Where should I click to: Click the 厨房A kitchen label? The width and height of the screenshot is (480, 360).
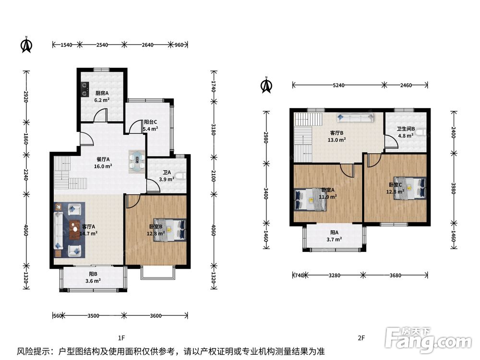102,93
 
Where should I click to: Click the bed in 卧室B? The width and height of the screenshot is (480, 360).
170,230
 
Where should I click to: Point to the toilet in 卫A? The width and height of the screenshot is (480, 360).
181,176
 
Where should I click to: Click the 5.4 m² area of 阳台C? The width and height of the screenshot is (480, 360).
151,129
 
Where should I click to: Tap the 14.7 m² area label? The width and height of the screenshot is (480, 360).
88,234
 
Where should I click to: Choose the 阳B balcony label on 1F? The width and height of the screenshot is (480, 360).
93,274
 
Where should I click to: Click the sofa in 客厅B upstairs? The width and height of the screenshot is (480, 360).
356,118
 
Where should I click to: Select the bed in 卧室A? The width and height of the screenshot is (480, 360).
310,199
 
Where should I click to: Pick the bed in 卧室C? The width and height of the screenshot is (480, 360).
410,188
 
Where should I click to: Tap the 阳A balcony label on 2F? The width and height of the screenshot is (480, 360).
334,233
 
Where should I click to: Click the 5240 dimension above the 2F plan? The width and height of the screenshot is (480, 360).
338,85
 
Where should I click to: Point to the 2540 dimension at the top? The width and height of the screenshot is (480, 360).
102,45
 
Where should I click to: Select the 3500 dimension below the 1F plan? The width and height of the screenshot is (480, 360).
93,316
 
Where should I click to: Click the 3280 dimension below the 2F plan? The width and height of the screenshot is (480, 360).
334,276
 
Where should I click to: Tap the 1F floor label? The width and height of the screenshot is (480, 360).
121,338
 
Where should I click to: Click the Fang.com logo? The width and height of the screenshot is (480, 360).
428,339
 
